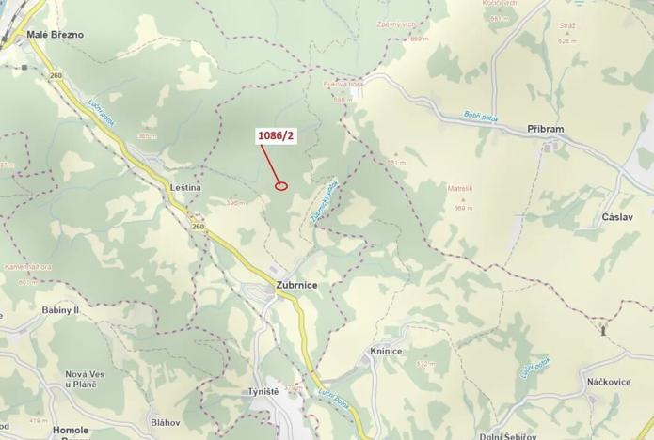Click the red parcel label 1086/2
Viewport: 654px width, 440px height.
pos(277,136)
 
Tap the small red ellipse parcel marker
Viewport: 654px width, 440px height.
pos(280,185)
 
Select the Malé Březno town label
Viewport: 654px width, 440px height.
pos(55,35)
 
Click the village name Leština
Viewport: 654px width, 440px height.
pos(185,188)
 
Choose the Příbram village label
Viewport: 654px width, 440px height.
pos(546,129)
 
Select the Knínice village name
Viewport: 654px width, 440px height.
pos(386,351)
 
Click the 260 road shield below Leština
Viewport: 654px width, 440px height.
pos(198,227)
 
